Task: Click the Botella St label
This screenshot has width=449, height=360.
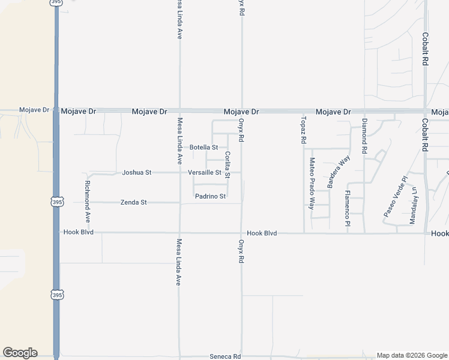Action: (203, 147)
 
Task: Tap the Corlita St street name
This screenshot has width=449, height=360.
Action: (228, 164)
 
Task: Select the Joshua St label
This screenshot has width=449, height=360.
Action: (136, 173)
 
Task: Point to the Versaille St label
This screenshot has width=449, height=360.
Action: (205, 173)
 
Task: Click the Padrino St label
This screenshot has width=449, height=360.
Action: (210, 196)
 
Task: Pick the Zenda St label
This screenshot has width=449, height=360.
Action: (133, 203)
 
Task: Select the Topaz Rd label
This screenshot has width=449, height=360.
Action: (304, 129)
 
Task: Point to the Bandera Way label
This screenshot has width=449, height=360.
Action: (339, 173)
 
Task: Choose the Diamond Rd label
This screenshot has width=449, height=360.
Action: (364, 136)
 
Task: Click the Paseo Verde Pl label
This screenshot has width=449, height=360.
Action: (395, 197)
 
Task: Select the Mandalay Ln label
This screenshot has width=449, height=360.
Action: (413, 205)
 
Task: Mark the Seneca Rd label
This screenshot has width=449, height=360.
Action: (224, 356)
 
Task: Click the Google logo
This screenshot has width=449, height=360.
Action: (20, 353)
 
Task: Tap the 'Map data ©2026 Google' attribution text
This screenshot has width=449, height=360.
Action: (411, 355)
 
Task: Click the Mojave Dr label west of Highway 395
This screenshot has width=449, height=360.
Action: (34, 110)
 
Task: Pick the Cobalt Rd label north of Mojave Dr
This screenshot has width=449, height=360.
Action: (424, 49)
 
